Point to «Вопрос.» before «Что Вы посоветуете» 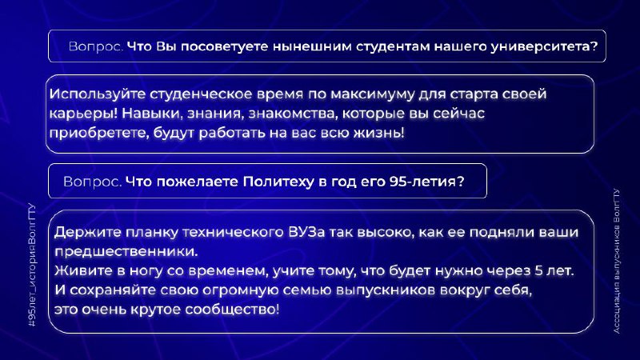click(x=96, y=46)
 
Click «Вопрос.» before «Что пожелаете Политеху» click(x=93, y=182)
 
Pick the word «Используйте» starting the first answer click(x=98, y=94)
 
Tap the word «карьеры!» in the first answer click(x=83, y=114)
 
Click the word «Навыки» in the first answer click(x=150, y=113)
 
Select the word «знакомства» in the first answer click(x=294, y=113)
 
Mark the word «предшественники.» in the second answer click(x=126, y=252)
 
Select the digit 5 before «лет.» click(x=538, y=270)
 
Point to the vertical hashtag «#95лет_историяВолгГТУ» click(x=32, y=265)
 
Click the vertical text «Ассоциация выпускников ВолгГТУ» click(x=616, y=261)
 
